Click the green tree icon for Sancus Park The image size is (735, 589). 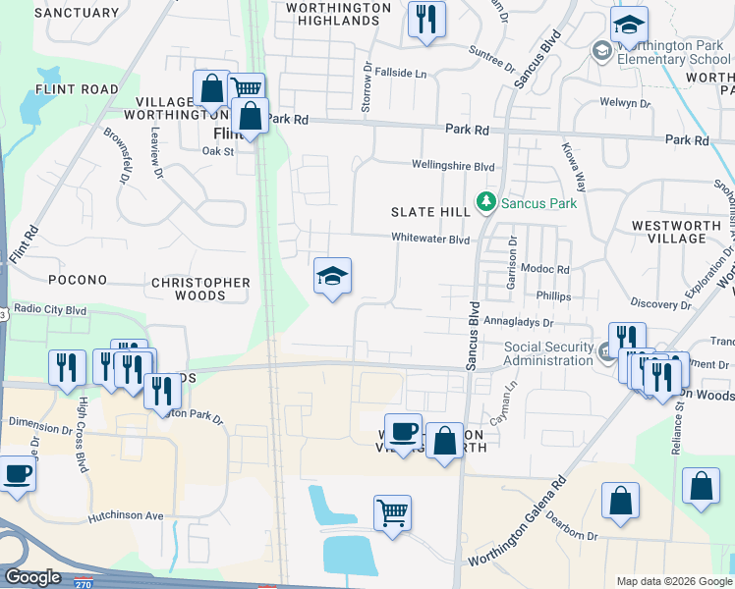click(484, 203)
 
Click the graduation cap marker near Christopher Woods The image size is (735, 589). click(332, 277)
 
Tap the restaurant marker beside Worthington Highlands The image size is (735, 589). click(426, 20)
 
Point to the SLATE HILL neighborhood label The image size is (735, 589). click(430, 212)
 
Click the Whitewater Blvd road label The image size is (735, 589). click(430, 239)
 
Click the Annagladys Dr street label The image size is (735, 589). click(514, 321)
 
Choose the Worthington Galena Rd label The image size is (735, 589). click(518, 524)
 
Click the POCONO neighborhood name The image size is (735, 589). click(77, 280)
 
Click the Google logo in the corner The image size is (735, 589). click(32, 577)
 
